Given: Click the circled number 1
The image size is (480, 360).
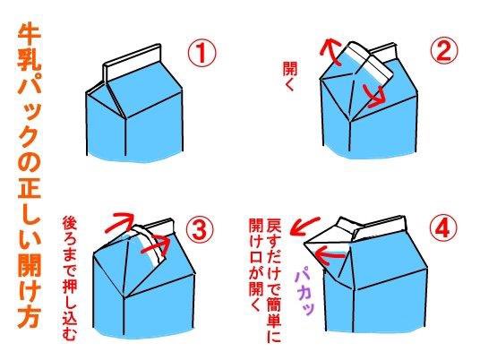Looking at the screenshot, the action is pyautogui.click(x=201, y=52).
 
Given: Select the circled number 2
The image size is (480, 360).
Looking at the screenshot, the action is pyautogui.click(x=444, y=50).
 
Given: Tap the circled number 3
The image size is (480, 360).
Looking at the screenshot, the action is pyautogui.click(x=200, y=231).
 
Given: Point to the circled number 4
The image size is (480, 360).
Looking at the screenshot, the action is pyautogui.click(x=443, y=229).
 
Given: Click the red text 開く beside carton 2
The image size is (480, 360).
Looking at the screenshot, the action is pyautogui.click(x=290, y=76).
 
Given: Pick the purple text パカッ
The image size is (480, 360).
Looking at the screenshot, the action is pyautogui.click(x=304, y=293).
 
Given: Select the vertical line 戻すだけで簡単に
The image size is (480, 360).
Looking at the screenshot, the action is pyautogui.click(x=274, y=280).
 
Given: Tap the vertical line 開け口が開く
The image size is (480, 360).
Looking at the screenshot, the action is pyautogui.click(x=256, y=264).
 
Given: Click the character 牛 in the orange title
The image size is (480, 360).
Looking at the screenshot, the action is pyautogui.click(x=30, y=36).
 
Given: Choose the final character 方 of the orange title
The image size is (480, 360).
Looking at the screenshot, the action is pyautogui.click(x=29, y=316).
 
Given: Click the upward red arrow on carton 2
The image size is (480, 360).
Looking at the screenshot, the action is pyautogui.click(x=330, y=51).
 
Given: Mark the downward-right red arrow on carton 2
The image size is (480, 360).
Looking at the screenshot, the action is pyautogui.click(x=374, y=96).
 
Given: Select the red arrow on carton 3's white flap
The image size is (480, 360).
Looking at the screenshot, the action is pyautogui.click(x=156, y=246).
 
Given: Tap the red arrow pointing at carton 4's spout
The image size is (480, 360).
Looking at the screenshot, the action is pyautogui.click(x=330, y=256).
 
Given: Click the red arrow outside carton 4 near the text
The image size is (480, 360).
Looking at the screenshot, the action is pyautogui.click(x=304, y=227).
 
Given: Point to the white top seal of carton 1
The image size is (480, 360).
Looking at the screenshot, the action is pyautogui.click(x=133, y=64).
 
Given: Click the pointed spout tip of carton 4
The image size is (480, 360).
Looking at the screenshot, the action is pyautogui.click(x=304, y=244).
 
